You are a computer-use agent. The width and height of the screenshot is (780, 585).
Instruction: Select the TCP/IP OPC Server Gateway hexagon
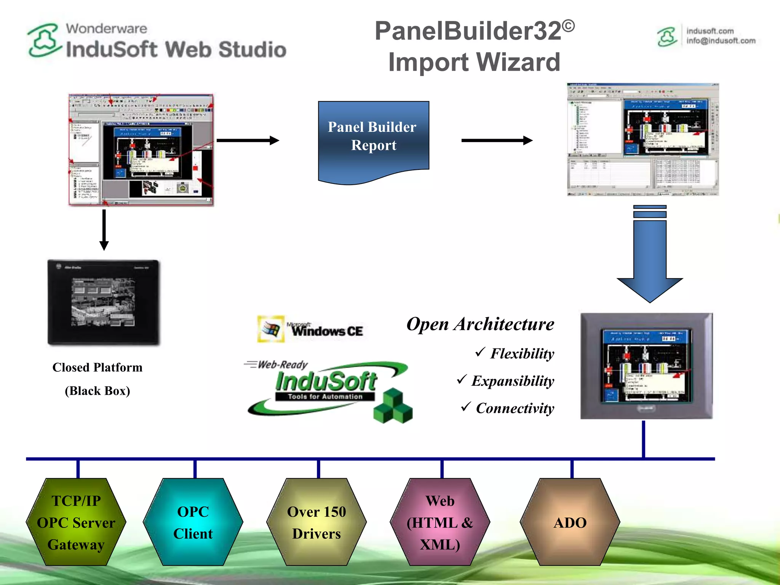click(76, 522)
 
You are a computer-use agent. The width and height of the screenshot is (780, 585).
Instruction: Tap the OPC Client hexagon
click(193, 522)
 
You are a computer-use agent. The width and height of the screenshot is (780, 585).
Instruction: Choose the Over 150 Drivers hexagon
click(316, 522)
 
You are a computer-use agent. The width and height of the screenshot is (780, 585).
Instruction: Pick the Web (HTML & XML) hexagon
click(440, 522)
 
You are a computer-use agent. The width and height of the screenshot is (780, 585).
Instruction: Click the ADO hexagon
click(570, 522)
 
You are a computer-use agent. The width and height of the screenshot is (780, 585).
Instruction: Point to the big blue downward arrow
click(650, 259)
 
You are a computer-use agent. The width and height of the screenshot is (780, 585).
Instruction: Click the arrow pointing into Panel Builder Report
click(248, 141)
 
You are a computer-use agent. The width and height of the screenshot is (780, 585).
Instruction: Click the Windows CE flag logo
click(271, 329)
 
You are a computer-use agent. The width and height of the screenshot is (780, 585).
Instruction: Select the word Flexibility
click(522, 353)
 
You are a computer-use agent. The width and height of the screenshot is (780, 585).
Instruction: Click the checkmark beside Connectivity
click(466, 406)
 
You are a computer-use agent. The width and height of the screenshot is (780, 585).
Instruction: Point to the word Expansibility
click(513, 381)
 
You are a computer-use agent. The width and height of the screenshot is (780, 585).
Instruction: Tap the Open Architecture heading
click(480, 324)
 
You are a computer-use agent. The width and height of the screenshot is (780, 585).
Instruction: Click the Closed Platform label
click(97, 368)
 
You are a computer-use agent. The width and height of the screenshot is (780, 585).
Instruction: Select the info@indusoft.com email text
click(721, 41)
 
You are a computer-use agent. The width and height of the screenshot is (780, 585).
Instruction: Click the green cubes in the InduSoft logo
click(393, 406)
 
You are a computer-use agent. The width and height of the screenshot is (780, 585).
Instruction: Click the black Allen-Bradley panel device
click(103, 302)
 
